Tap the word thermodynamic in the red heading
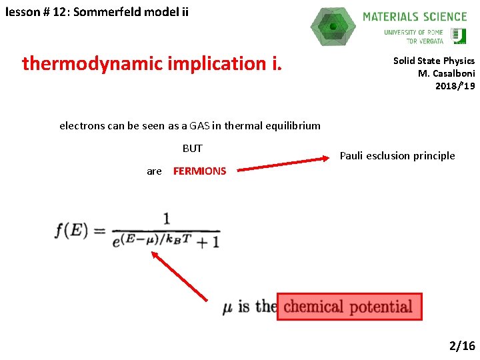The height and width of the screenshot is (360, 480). coord(97,63)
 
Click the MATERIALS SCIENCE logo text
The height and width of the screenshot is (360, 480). coord(415,16)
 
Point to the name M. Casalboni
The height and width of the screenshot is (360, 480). coord(446,73)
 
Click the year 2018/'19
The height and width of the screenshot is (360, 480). coord(455,86)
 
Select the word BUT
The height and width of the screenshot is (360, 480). coord(192,148)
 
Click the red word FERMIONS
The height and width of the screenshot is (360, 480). coord(199,171)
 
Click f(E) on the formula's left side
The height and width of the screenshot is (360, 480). coord(71,231)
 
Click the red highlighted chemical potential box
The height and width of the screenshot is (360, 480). coord(349,307)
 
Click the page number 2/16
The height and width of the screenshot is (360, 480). coord(461,345)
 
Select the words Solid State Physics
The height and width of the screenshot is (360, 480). coord(433,61)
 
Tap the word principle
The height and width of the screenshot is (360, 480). coord(430,156)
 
